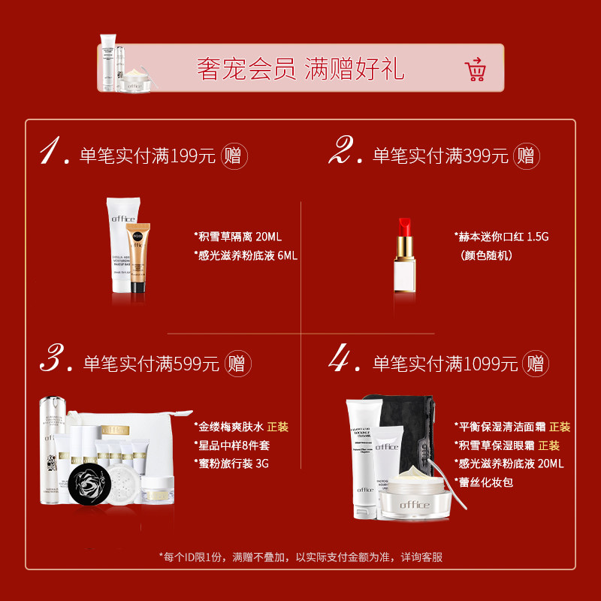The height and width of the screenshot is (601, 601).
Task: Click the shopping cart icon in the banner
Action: click(x=476, y=69)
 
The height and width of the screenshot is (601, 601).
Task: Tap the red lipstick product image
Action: click(x=405, y=255)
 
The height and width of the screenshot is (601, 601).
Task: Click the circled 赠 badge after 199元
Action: click(x=234, y=156)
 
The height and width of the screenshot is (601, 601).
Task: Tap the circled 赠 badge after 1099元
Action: click(x=535, y=364)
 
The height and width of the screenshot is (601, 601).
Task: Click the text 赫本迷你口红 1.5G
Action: click(x=502, y=237)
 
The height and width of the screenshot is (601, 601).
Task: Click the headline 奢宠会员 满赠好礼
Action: click(x=300, y=69)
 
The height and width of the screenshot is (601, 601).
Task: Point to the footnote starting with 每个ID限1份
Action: click(x=300, y=557)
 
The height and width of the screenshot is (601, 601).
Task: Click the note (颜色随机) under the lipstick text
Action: click(x=486, y=255)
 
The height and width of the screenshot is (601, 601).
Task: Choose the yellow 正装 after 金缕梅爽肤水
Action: click(x=277, y=427)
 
